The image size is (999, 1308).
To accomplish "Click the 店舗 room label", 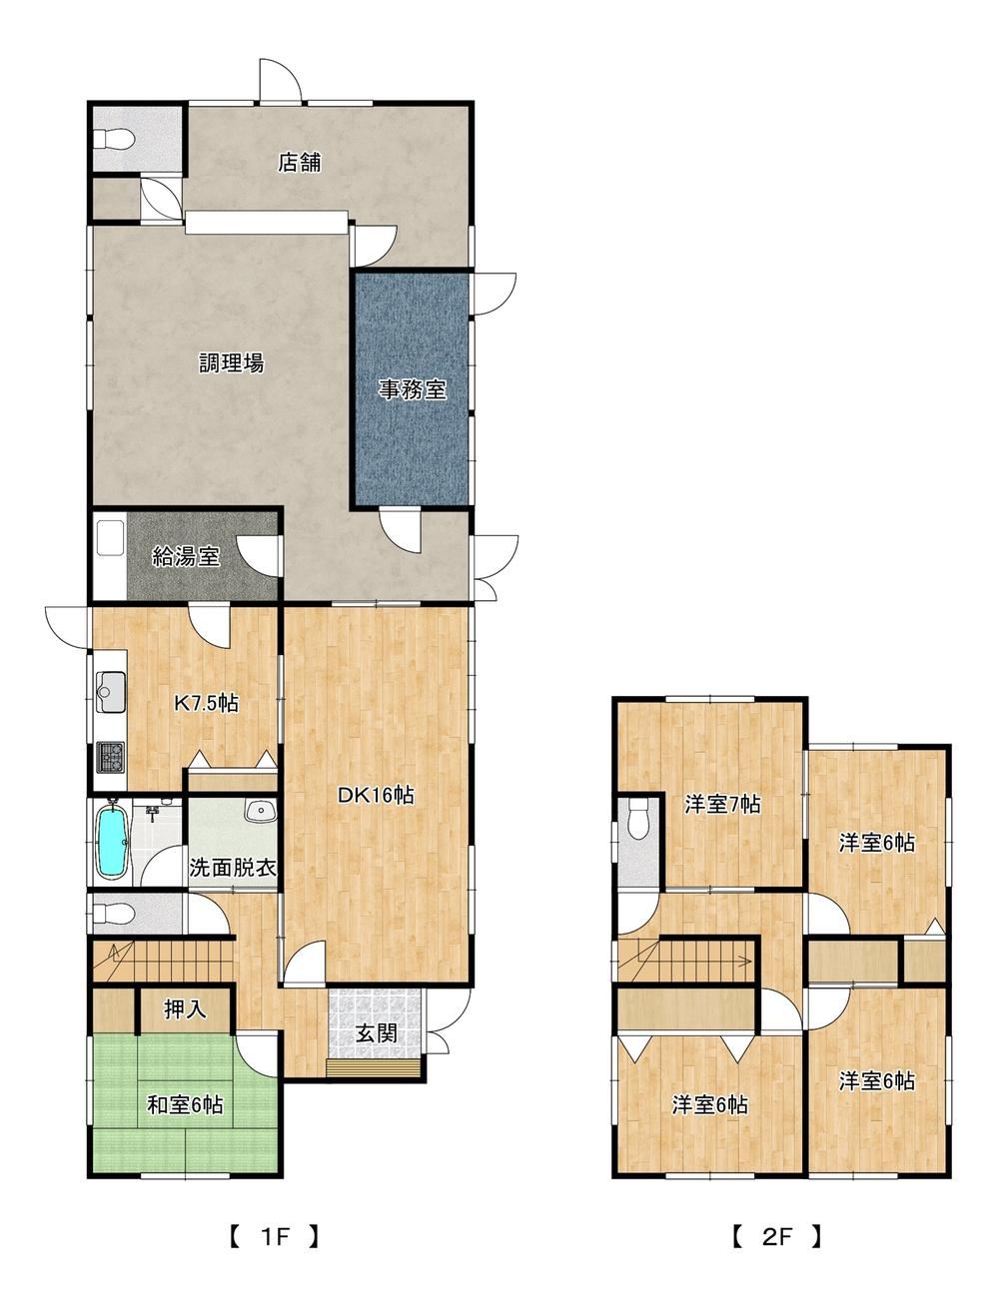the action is [x=300, y=163].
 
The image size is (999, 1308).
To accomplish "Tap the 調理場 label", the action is [x=232, y=362].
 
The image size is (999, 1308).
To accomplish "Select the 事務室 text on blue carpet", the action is [x=413, y=390].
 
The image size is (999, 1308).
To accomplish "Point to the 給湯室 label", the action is [x=186, y=556].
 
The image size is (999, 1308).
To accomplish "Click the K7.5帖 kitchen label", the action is [x=206, y=704].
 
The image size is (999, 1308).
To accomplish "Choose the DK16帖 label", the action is [x=376, y=796].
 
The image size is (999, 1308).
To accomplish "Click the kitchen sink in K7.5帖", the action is [x=110, y=691].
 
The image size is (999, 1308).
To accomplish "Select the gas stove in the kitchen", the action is [x=110, y=757].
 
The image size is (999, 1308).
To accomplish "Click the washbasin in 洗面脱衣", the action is [x=260, y=812].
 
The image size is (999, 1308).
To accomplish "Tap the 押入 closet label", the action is [x=186, y=1008].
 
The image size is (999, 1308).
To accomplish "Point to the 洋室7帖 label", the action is [x=722, y=805].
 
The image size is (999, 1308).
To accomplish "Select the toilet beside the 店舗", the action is [x=115, y=139].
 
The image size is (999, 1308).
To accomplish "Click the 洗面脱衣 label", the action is [x=233, y=868].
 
